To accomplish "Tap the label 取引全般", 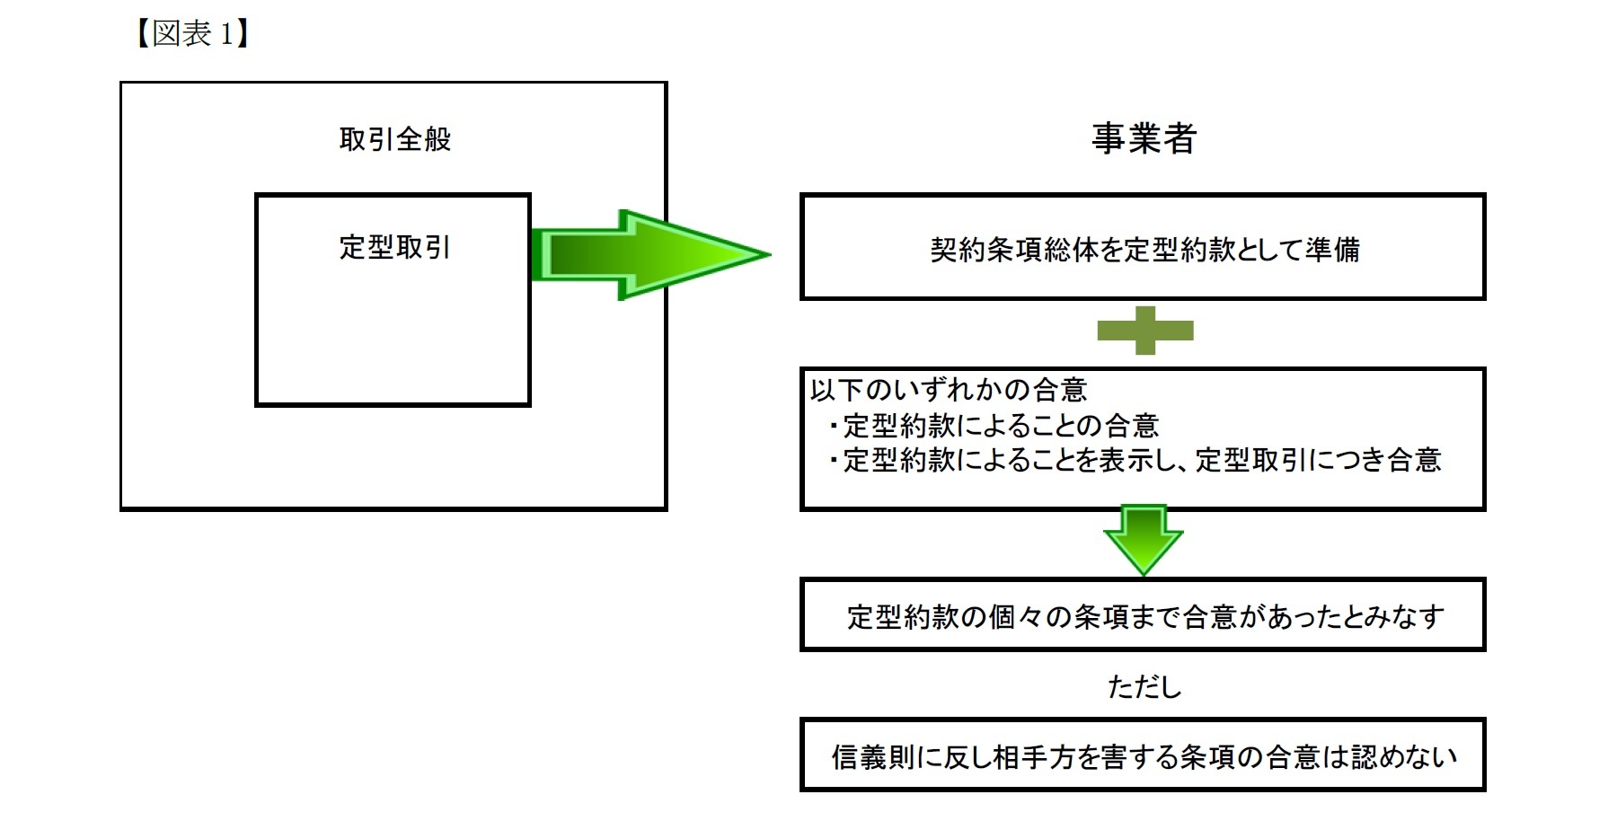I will click(395, 139).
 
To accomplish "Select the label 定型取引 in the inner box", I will click(394, 247).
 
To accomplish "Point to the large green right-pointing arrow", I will click(647, 254).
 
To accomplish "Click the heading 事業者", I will click(1144, 138).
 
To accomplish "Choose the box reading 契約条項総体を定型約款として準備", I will click(1143, 247).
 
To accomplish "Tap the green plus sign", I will click(1144, 331).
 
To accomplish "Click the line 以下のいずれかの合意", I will click(949, 390).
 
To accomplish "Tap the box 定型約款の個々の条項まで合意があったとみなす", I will click(1143, 615).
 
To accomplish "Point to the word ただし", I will click(1144, 686).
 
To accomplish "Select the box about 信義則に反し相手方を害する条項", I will click(1143, 755).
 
